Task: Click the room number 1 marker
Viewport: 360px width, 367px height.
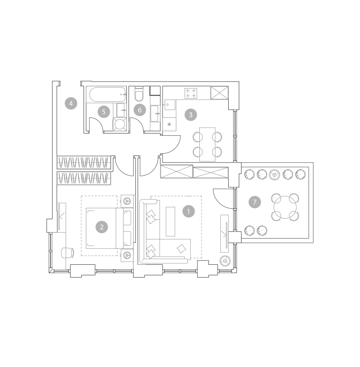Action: (189, 211)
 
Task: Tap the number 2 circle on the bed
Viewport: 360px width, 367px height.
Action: (101, 227)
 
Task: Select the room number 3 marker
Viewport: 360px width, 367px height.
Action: (191, 115)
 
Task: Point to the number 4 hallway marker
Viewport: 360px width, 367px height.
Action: (71, 103)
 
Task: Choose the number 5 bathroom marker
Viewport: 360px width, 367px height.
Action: (104, 112)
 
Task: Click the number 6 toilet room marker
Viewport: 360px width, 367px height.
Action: (140, 110)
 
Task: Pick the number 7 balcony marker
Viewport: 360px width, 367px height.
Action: (254, 202)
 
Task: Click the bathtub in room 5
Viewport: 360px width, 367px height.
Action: (108, 95)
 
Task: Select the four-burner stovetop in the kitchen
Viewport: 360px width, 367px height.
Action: (191, 93)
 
